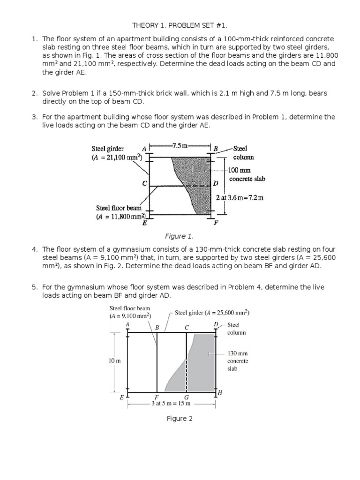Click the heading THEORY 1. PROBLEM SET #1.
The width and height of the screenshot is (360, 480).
[x=180, y=25]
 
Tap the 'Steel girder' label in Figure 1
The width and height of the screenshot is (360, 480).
[x=107, y=149]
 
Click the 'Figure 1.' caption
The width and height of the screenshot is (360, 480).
[x=180, y=236]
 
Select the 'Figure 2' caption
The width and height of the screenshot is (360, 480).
[x=180, y=419]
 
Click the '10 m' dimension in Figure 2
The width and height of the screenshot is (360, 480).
[x=115, y=361]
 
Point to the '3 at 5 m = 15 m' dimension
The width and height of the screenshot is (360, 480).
[x=171, y=403]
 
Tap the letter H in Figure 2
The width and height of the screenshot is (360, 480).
[x=219, y=392]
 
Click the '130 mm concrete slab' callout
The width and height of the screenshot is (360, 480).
[x=238, y=361]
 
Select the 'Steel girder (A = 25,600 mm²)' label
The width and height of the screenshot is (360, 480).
[x=212, y=313]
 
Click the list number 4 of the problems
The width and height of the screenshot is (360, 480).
[x=34, y=249]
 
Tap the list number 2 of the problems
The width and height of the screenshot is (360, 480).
[x=34, y=93]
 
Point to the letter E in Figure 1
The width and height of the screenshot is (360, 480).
[x=145, y=223]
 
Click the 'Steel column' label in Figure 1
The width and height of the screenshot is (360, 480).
[x=243, y=153]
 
